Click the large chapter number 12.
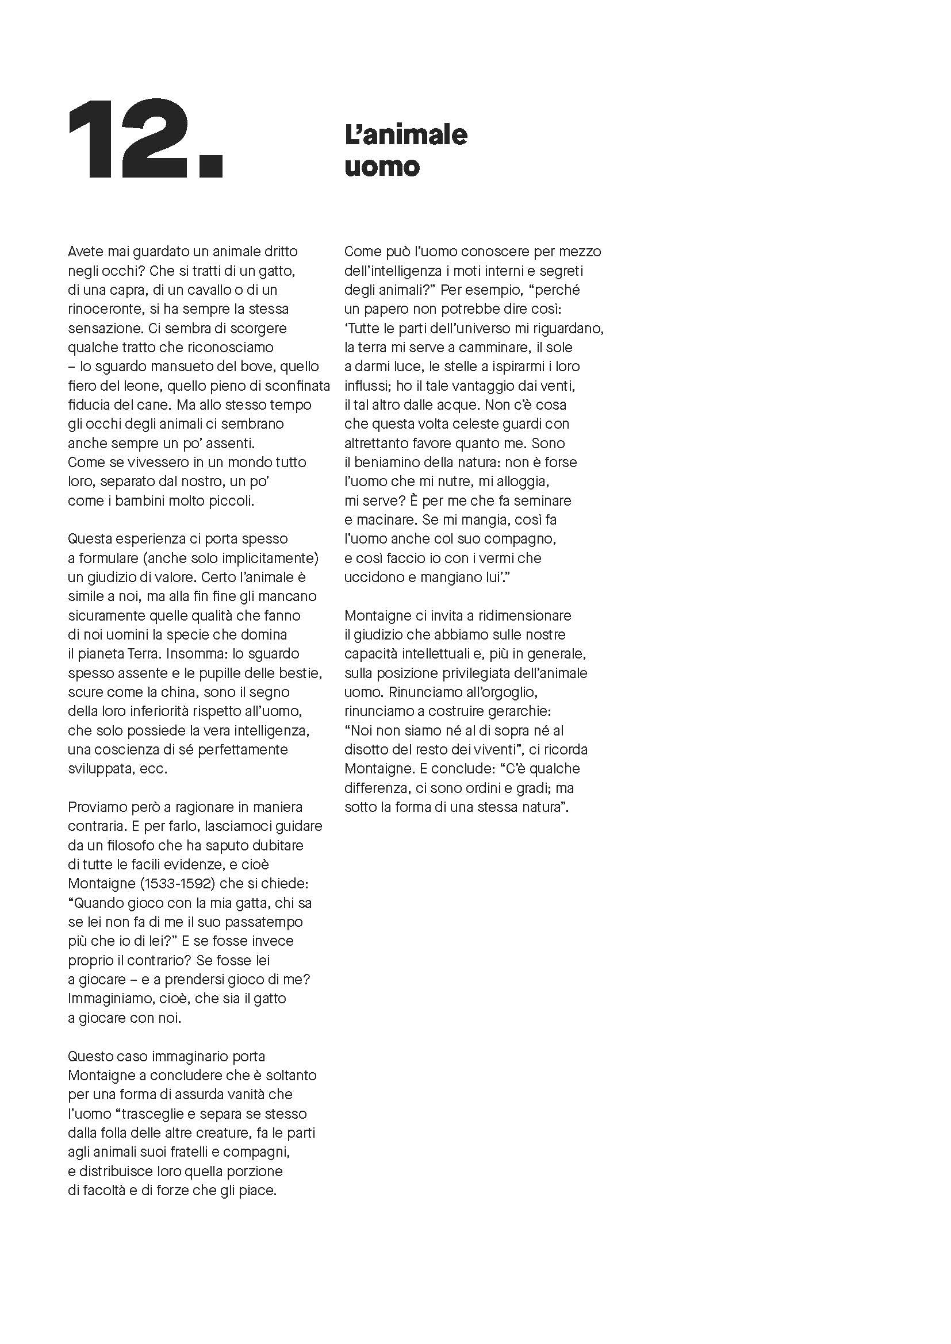(x=145, y=139)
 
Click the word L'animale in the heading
(x=406, y=135)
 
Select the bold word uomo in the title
(x=382, y=167)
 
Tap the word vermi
(x=478, y=558)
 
